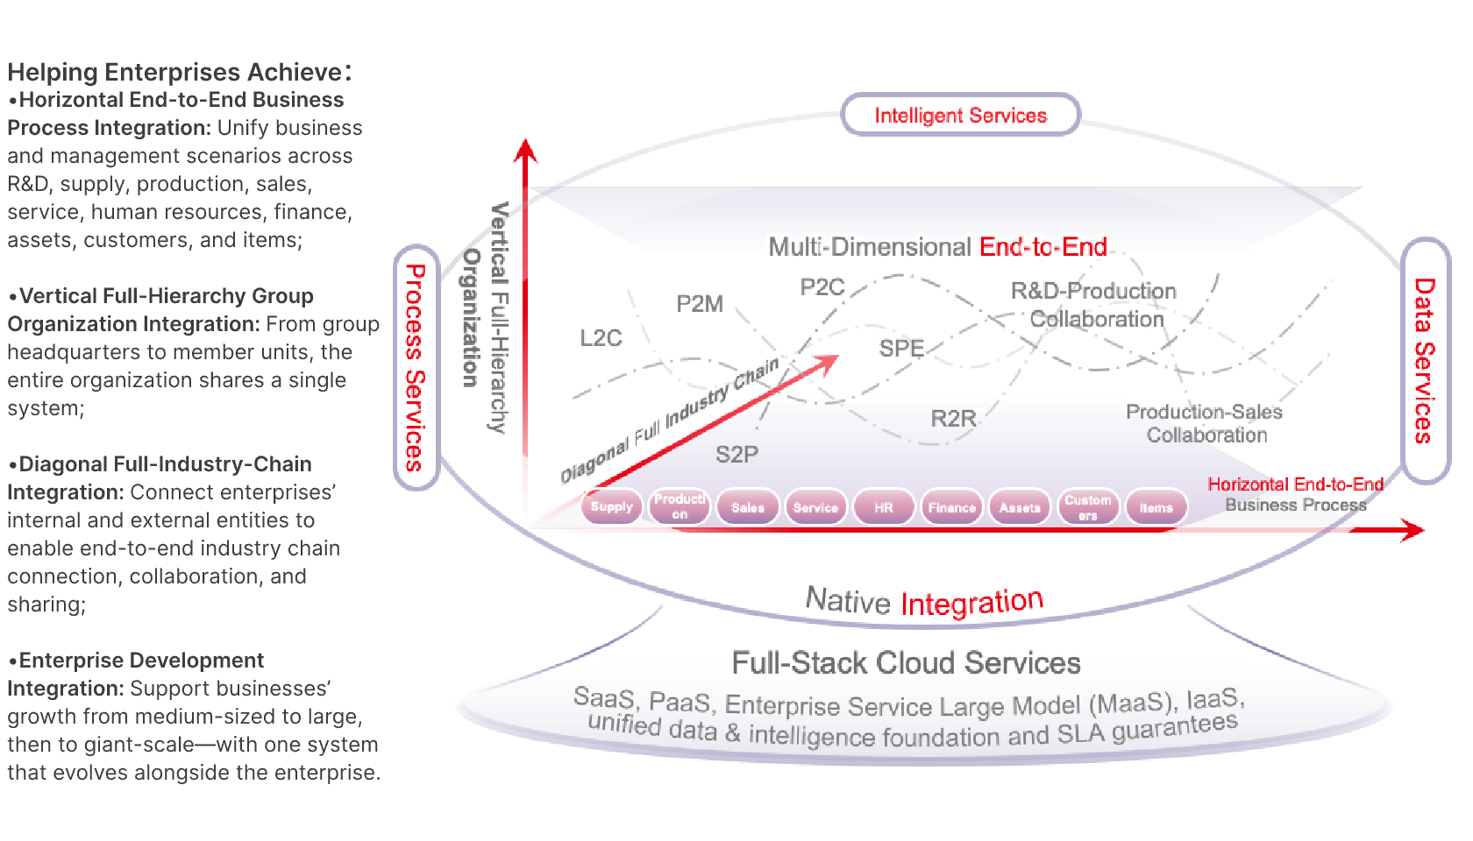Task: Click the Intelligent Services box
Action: pos(960,115)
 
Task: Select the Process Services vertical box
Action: pos(416,367)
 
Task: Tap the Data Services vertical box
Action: pos(1425,360)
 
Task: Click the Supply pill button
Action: pos(611,506)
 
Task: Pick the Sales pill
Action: pos(747,507)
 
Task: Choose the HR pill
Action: pos(883,507)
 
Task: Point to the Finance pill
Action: pos(951,507)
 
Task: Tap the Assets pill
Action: pos(1020,507)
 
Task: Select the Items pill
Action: pos(1156,507)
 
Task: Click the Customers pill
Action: pos(1088,507)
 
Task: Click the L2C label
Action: pos(601,338)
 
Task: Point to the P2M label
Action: pos(700,304)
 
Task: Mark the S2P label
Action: pos(736,455)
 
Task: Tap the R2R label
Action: pos(953,419)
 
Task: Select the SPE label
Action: pos(901,349)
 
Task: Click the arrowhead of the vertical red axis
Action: pos(525,150)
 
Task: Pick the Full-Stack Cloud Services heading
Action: pos(906,663)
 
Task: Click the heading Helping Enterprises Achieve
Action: pos(179,72)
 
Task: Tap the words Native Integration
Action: pos(924,602)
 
